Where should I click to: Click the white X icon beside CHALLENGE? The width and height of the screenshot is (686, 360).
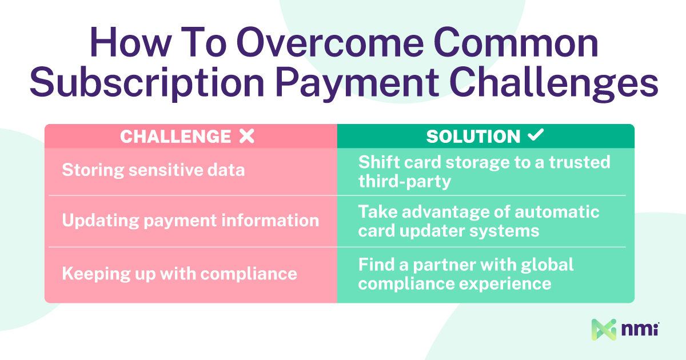click(247, 136)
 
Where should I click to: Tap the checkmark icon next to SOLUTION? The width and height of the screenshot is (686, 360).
click(536, 135)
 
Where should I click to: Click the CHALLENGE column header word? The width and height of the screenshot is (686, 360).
click(176, 136)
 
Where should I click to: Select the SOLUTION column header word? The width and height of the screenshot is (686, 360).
click(473, 136)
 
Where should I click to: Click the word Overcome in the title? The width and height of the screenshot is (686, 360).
click(330, 42)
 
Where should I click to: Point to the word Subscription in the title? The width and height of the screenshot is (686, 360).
click(147, 83)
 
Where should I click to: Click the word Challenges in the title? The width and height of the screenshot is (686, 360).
click(554, 83)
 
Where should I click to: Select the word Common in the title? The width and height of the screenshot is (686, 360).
click(516, 42)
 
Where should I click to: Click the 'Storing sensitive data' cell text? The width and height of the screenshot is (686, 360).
click(153, 170)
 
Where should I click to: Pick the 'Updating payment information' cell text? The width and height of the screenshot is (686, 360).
click(190, 221)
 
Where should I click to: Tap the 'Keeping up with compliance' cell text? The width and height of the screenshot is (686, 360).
click(180, 273)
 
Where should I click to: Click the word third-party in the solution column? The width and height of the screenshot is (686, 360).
click(405, 182)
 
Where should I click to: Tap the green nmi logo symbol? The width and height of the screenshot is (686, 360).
click(604, 330)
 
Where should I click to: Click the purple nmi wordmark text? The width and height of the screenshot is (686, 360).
click(640, 329)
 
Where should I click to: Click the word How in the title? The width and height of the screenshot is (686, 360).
click(130, 42)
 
